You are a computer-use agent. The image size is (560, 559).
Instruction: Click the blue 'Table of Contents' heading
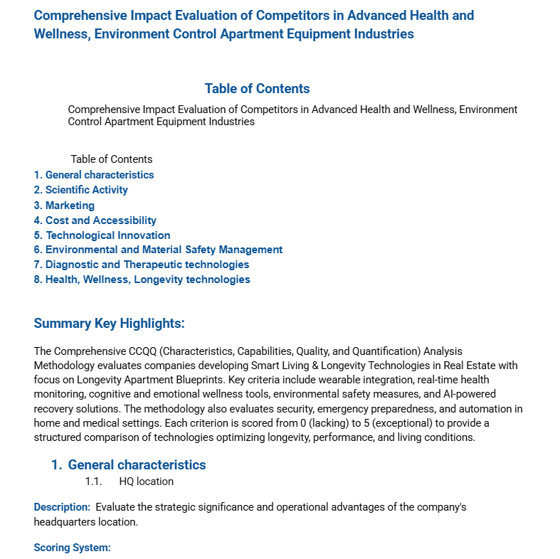[257, 89]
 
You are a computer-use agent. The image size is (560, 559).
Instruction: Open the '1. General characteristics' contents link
[94, 175]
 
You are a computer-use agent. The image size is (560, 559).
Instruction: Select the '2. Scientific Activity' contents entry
[81, 190]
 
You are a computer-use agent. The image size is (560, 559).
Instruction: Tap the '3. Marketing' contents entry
[64, 206]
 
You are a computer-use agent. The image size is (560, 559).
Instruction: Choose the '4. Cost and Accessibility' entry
[95, 220]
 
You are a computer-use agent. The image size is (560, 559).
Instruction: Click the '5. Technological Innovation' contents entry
[102, 235]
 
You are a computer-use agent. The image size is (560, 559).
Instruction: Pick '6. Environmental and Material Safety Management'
[158, 250]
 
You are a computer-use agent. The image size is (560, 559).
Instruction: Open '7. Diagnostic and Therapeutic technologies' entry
[142, 265]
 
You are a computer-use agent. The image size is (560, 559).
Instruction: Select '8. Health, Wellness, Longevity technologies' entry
[142, 279]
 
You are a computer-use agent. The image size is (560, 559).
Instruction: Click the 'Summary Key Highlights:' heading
[109, 324]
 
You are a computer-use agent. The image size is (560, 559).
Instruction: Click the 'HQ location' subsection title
[147, 481]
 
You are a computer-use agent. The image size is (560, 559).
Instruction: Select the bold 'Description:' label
[62, 507]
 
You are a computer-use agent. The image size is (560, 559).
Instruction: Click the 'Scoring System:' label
[72, 548]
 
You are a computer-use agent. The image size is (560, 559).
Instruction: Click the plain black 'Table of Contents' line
[112, 159]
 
